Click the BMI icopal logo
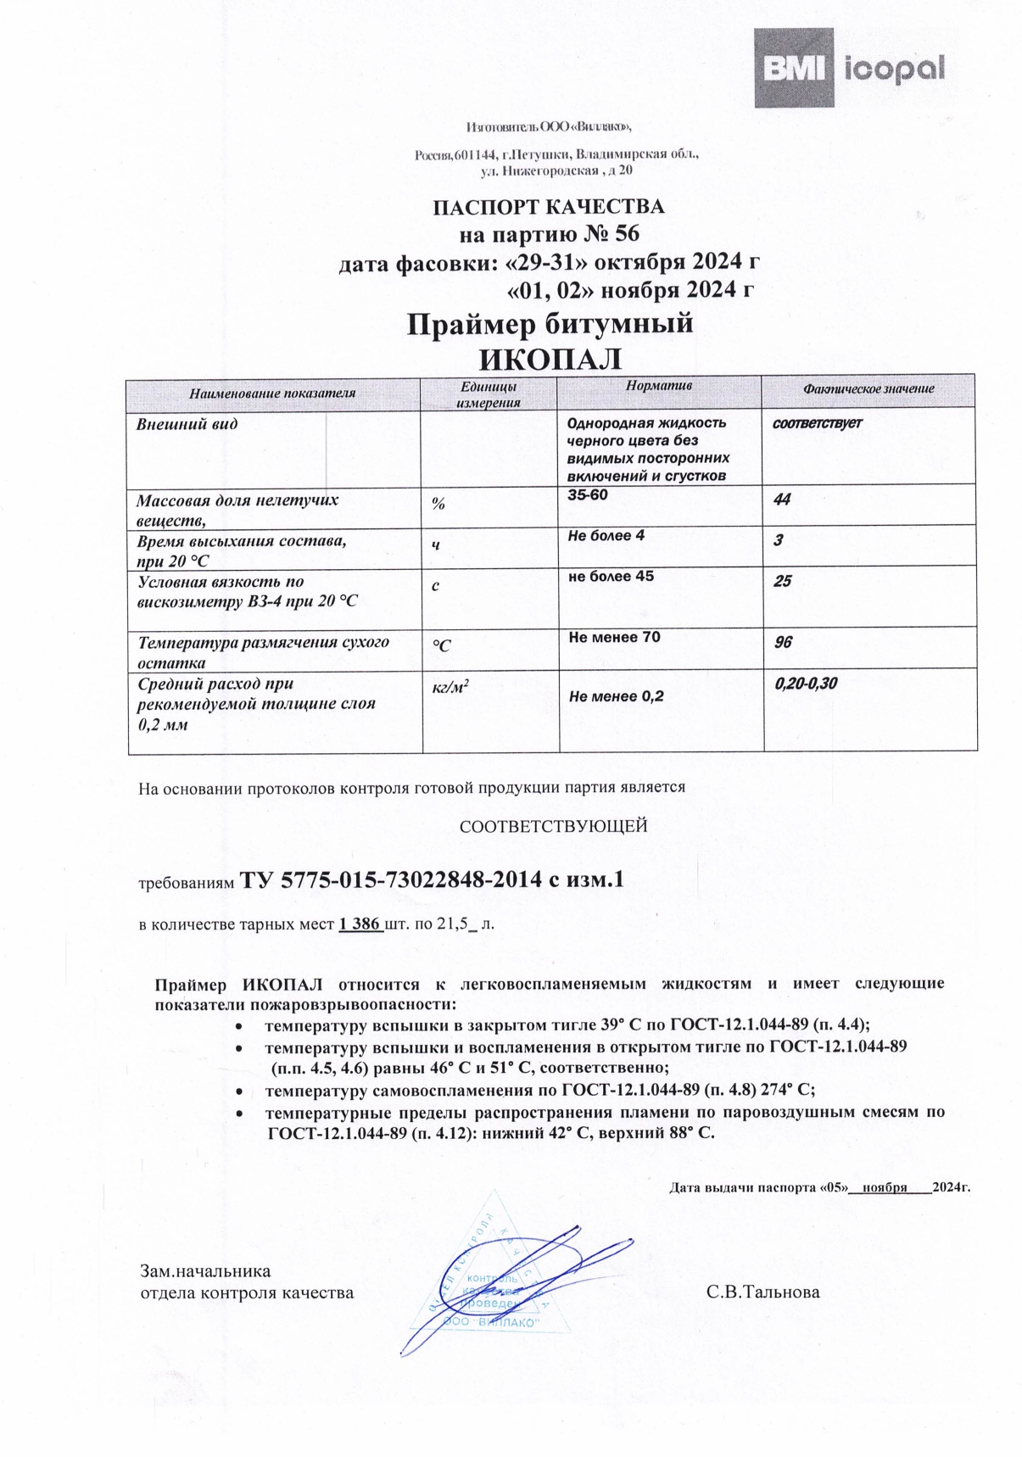point(850,68)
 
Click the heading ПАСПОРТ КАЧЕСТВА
point(549,207)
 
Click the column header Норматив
point(659,386)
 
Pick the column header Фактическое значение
point(868,389)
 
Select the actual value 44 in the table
point(782,500)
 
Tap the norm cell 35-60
point(588,494)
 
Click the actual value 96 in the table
point(783,642)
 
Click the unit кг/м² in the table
point(450,689)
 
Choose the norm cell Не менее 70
point(615,637)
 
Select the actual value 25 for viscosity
point(782,581)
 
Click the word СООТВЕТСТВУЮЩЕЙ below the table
point(553,826)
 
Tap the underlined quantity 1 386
point(360,924)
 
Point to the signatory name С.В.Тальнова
point(762,1292)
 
